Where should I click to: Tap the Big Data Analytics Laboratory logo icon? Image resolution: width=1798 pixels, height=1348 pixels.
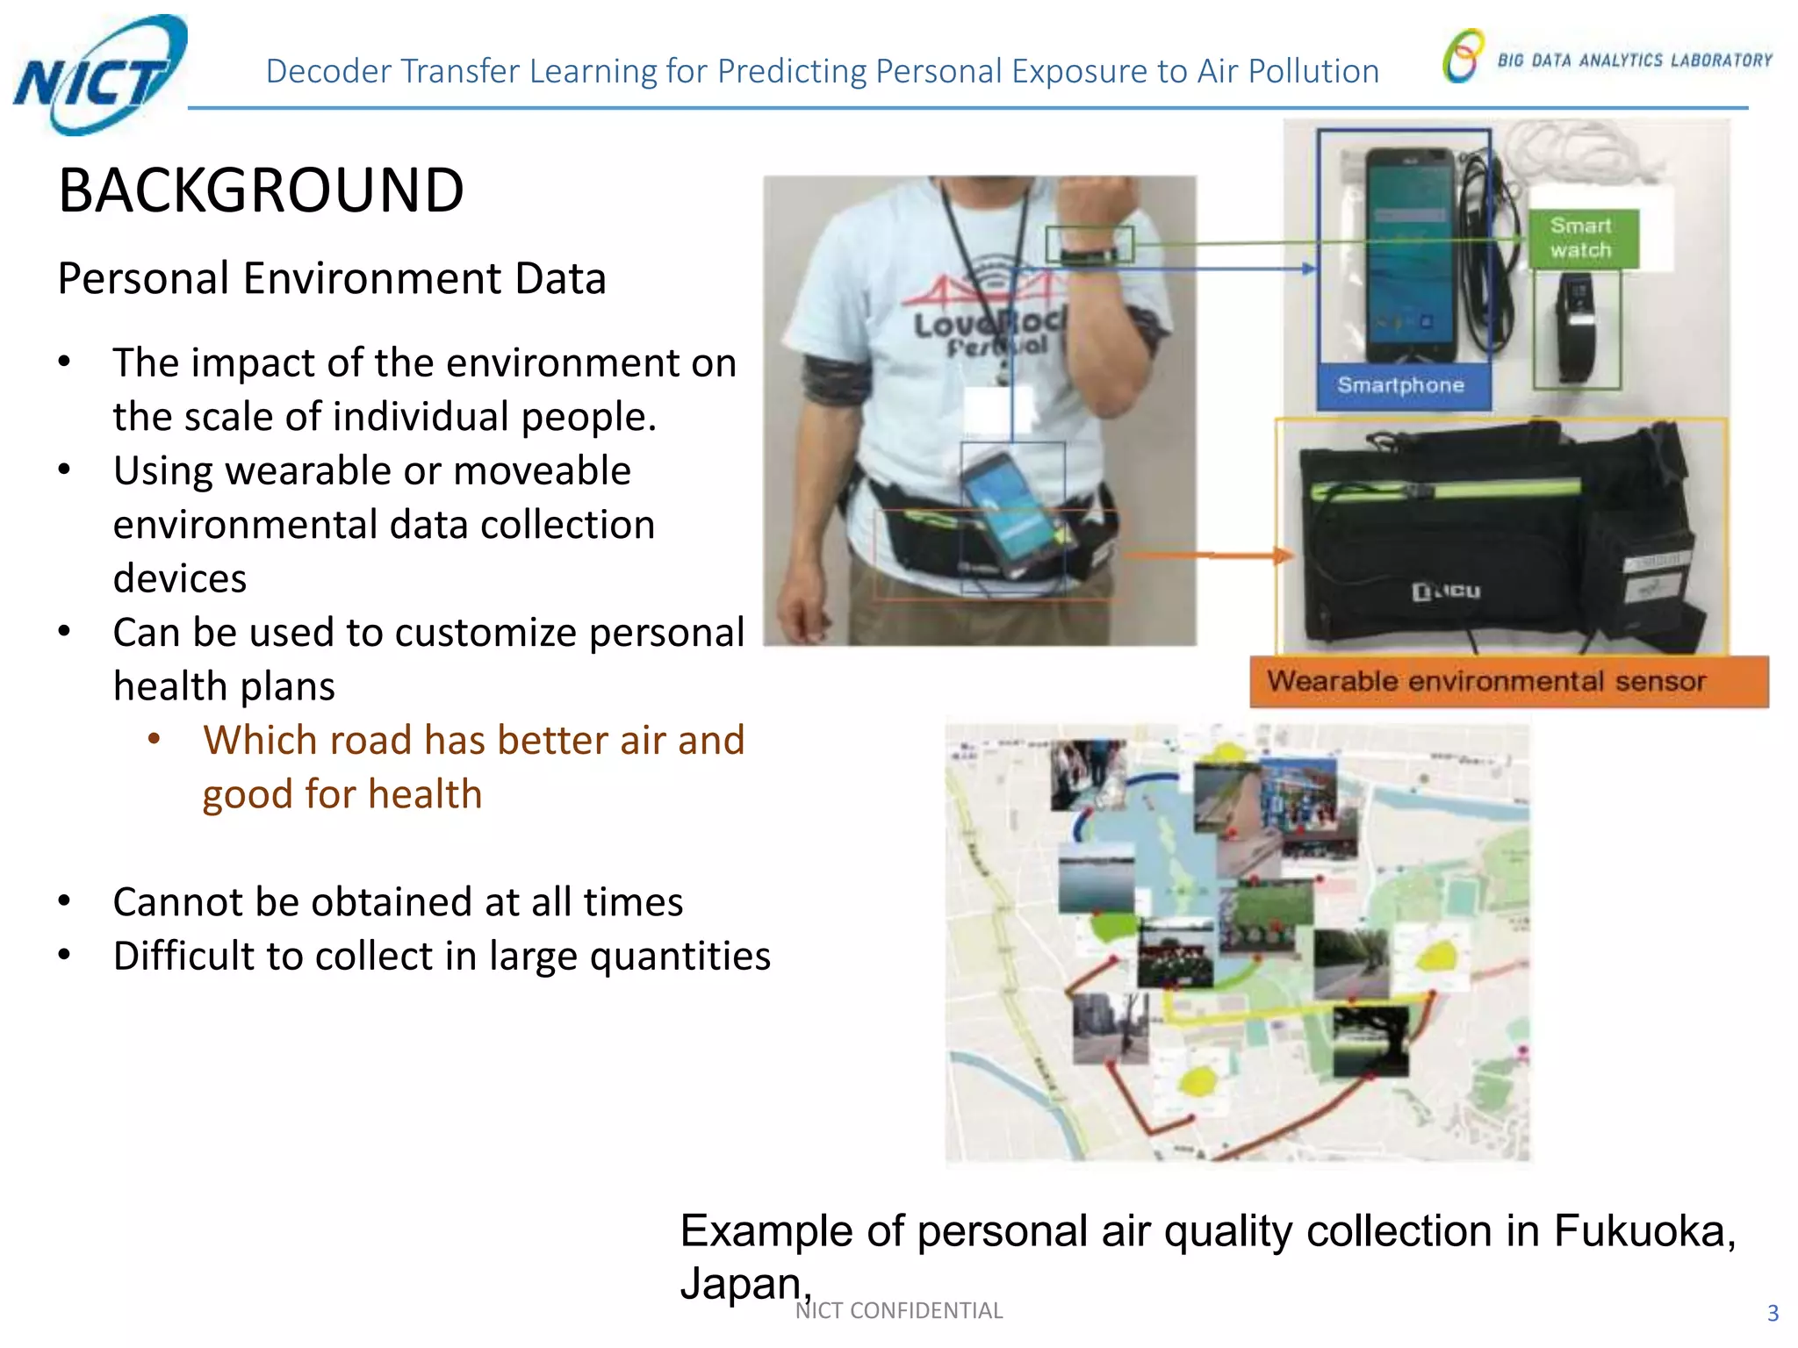pyautogui.click(x=1463, y=56)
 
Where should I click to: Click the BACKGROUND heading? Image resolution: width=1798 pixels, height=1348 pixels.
pyautogui.click(x=261, y=190)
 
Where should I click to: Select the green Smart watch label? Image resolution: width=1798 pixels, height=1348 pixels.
pyautogui.click(x=1582, y=238)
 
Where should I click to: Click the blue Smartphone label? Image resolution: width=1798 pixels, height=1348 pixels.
pyautogui.click(x=1401, y=385)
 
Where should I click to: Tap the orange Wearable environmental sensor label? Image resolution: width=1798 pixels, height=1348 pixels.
pyautogui.click(x=1507, y=682)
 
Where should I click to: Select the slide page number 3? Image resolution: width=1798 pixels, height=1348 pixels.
pyautogui.click(x=1772, y=1313)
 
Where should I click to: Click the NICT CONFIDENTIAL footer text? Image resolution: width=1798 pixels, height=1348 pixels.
pyautogui.click(x=898, y=1310)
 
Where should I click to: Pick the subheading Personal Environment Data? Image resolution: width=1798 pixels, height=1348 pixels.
pyautogui.click(x=332, y=279)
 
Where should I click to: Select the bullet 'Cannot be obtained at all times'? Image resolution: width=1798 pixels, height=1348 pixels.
pyautogui.click(x=398, y=902)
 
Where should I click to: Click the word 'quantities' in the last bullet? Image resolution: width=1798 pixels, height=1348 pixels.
pyautogui.click(x=680, y=956)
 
